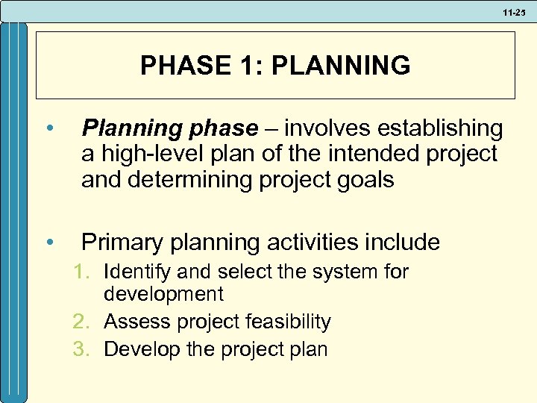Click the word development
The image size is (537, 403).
click(163, 295)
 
